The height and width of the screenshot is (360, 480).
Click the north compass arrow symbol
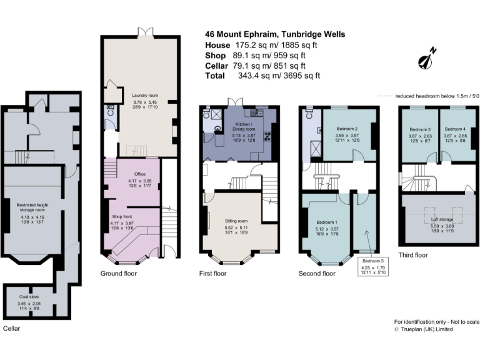429,58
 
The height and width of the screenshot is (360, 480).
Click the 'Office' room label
139,174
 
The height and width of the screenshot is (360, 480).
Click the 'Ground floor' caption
119,274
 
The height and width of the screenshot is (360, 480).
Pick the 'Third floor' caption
413,254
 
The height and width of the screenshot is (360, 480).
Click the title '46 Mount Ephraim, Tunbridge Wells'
274,34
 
